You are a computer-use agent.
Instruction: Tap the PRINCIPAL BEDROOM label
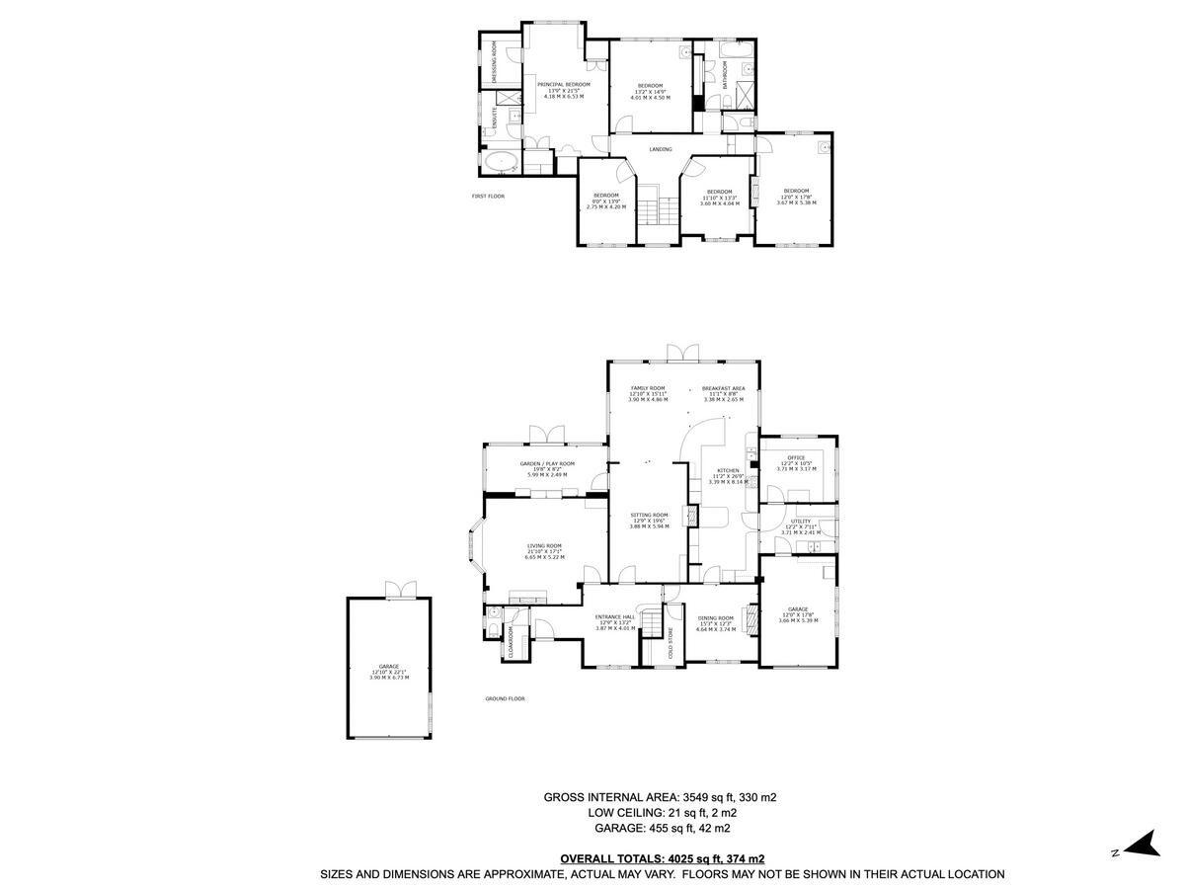564,85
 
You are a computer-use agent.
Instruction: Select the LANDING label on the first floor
661,149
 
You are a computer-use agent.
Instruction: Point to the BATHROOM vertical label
725,75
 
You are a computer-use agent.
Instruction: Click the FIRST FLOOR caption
488,197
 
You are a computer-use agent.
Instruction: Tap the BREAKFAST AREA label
723,388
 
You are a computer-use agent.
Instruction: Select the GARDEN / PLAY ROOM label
547,463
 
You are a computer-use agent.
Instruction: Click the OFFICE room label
796,457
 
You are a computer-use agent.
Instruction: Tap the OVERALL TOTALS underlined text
662,858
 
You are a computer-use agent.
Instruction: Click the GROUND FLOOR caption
505,698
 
